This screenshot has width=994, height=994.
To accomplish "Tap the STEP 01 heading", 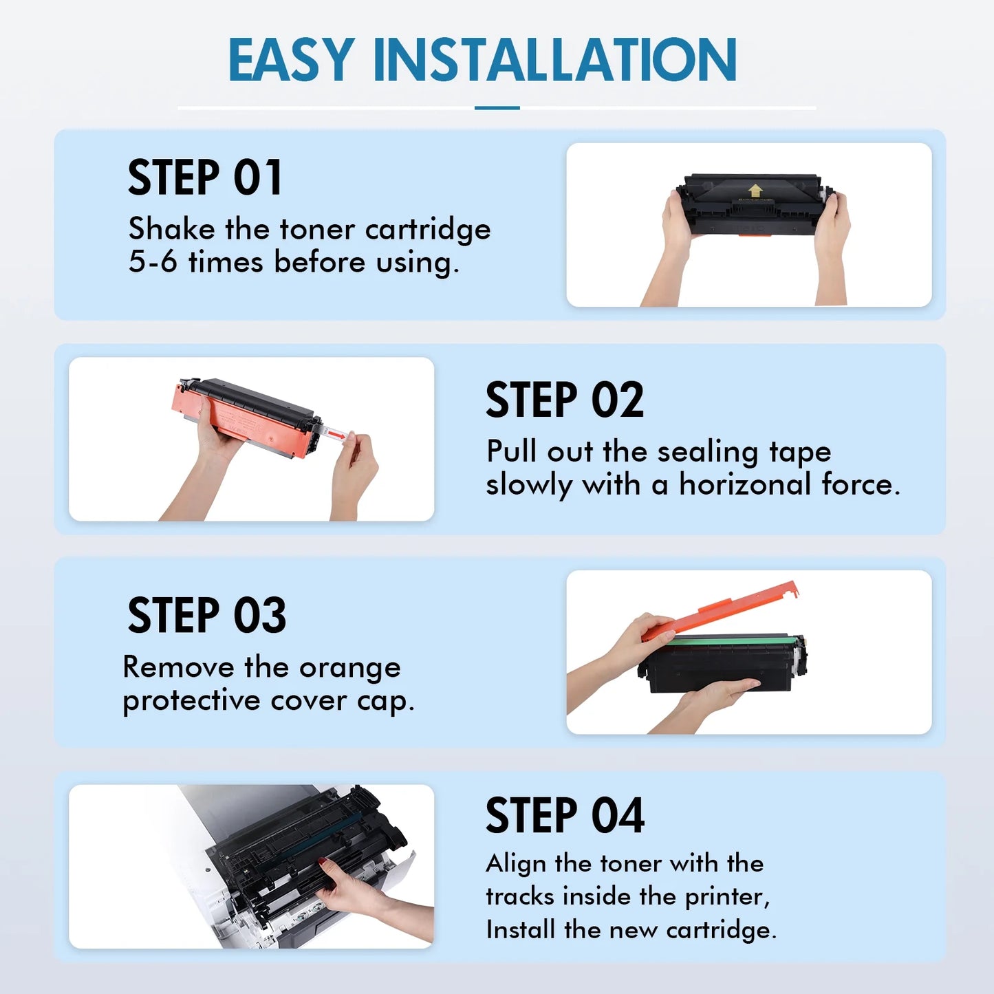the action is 205,177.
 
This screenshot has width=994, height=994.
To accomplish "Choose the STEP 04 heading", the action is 565,815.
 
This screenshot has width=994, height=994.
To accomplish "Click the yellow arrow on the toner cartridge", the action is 755,190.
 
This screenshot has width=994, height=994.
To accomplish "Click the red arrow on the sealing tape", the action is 336,436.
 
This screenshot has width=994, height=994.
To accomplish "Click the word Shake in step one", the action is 172,228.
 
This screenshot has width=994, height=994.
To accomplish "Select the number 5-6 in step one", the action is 153,261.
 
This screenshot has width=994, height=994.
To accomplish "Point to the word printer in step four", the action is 727,897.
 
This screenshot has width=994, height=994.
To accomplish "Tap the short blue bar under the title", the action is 497,108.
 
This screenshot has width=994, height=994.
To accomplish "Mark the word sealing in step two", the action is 707,453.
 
